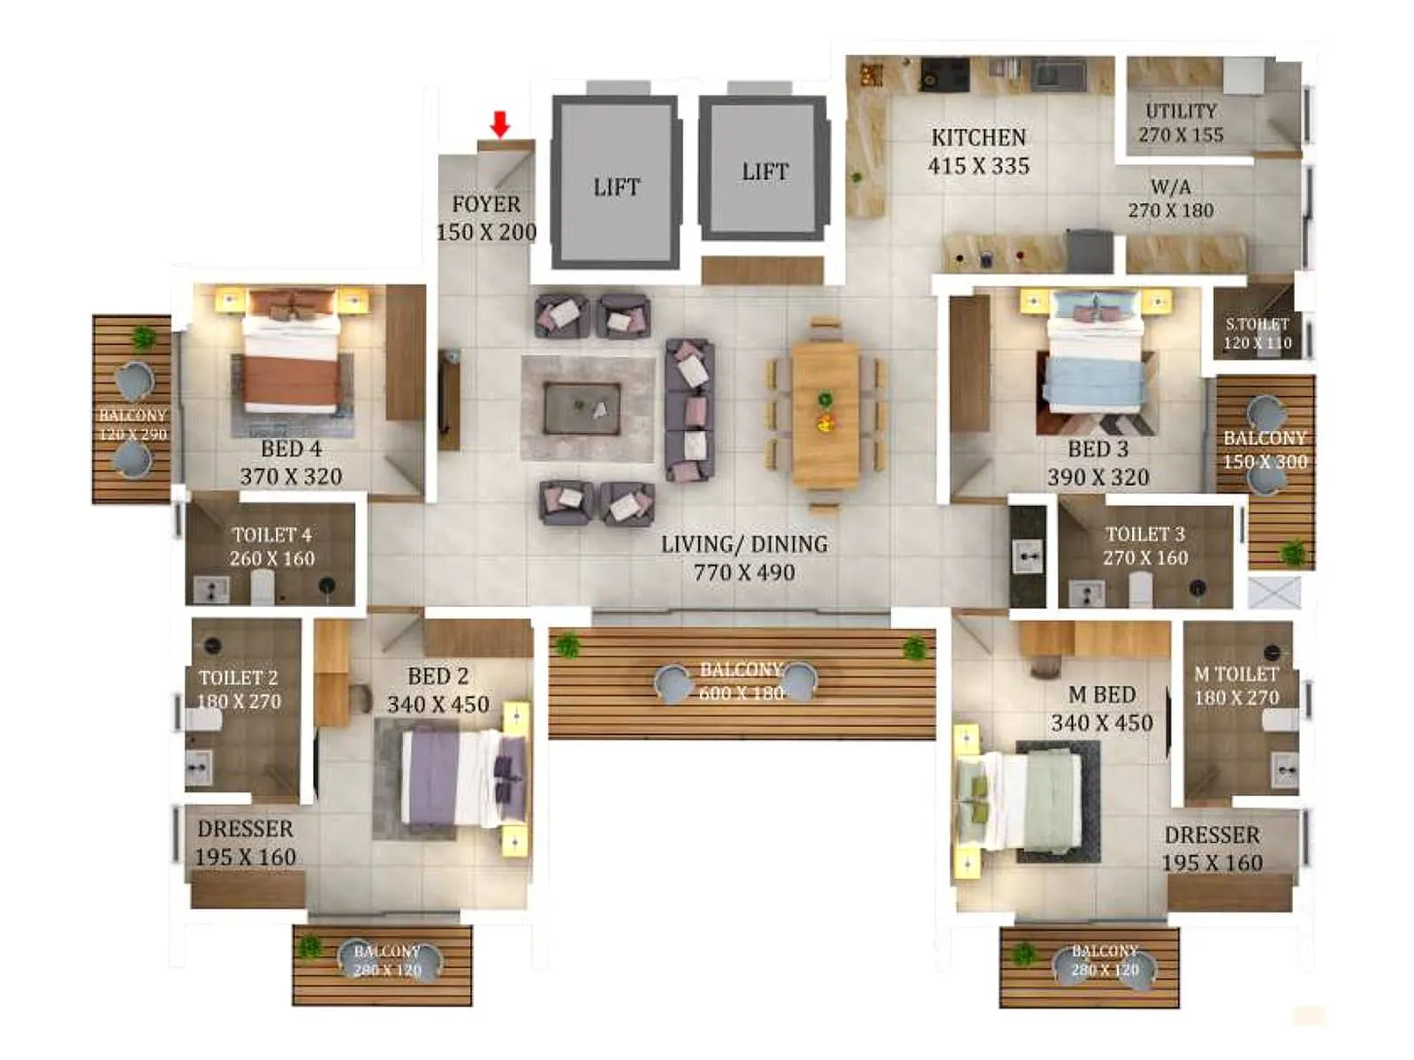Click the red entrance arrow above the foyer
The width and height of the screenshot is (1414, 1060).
click(x=500, y=125)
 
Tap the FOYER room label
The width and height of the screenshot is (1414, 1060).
click(x=486, y=204)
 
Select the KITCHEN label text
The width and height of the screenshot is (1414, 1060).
click(x=978, y=138)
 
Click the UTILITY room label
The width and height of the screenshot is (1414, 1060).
click(x=1181, y=111)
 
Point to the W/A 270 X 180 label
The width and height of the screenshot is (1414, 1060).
click(x=1170, y=199)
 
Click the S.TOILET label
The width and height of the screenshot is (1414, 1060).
click(x=1257, y=324)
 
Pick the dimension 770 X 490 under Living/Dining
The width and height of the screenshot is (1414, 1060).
click(x=744, y=572)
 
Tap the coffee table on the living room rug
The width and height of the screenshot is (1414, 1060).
click(x=581, y=408)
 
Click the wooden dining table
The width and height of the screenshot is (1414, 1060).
click(x=825, y=414)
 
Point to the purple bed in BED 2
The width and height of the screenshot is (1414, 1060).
click(x=460, y=777)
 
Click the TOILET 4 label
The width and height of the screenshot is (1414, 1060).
click(x=271, y=535)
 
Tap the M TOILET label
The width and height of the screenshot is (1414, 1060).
click(x=1236, y=674)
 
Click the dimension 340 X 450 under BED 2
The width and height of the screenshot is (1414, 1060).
click(x=437, y=705)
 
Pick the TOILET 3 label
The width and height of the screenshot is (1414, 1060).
click(x=1144, y=534)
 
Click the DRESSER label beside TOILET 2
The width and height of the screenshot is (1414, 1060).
click(x=245, y=829)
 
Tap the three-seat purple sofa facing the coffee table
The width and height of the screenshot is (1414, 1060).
click(x=689, y=409)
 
